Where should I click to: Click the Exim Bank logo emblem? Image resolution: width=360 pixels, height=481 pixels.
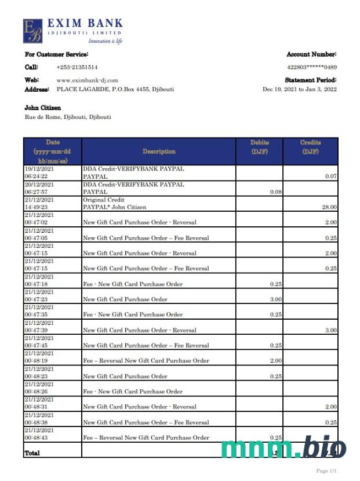point(32,31)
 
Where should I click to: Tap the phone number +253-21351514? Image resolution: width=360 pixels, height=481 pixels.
point(77,67)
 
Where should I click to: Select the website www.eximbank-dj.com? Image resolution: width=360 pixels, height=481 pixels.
point(87,80)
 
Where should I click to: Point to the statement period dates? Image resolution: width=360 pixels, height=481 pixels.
point(299,89)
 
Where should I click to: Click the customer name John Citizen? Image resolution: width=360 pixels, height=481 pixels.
point(42,108)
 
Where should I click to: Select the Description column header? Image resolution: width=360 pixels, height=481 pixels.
point(159,151)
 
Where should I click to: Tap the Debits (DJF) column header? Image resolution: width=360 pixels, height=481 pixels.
point(260,147)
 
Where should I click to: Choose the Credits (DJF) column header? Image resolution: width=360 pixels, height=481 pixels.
point(310,147)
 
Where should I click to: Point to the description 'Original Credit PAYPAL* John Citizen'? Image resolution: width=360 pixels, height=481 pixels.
point(114,203)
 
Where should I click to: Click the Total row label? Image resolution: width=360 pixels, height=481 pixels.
point(32,453)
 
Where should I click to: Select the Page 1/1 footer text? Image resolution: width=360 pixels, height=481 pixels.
point(326,471)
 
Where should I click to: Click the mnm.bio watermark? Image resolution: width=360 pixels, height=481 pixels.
point(283,448)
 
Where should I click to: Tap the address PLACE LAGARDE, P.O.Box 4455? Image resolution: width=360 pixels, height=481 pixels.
point(115,89)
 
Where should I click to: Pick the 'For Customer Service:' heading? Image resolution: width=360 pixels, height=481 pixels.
point(56,54)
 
